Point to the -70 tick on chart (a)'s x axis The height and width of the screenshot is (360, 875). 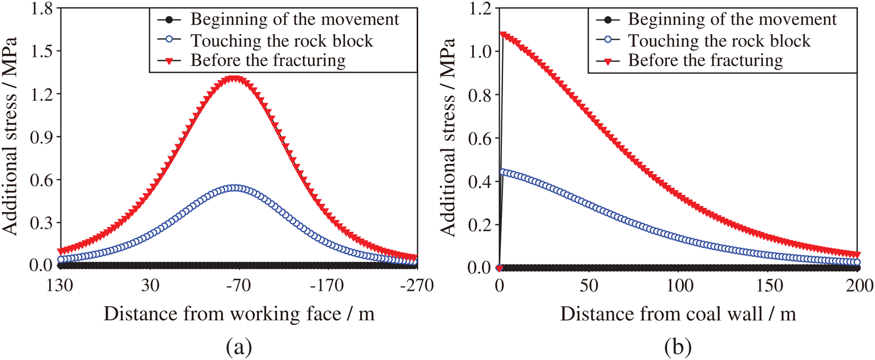pyautogui.click(x=238, y=286)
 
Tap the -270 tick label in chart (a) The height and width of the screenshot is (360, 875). pyautogui.click(x=416, y=286)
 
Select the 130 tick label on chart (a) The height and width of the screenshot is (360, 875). pyautogui.click(x=60, y=286)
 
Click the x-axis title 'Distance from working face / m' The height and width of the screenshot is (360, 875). pyautogui.click(x=239, y=314)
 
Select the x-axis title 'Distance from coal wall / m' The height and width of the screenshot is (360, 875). pyautogui.click(x=678, y=314)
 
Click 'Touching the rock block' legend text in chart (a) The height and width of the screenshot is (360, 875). pyautogui.click(x=282, y=40)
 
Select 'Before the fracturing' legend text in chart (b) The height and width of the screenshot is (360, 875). pyautogui.click(x=705, y=60)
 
